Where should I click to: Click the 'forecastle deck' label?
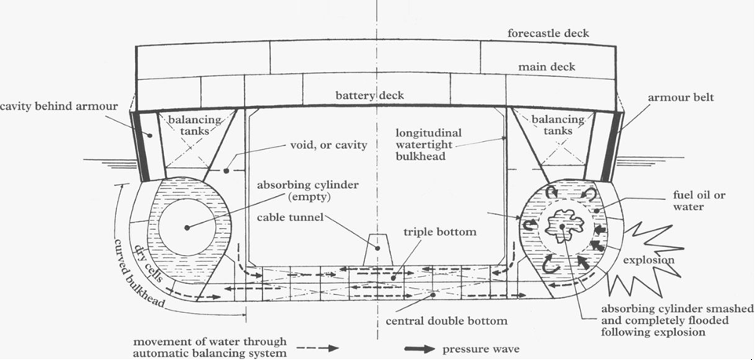click(547, 34)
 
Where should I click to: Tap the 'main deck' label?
click(546, 67)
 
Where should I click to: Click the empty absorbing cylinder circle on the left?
click(186, 227)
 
